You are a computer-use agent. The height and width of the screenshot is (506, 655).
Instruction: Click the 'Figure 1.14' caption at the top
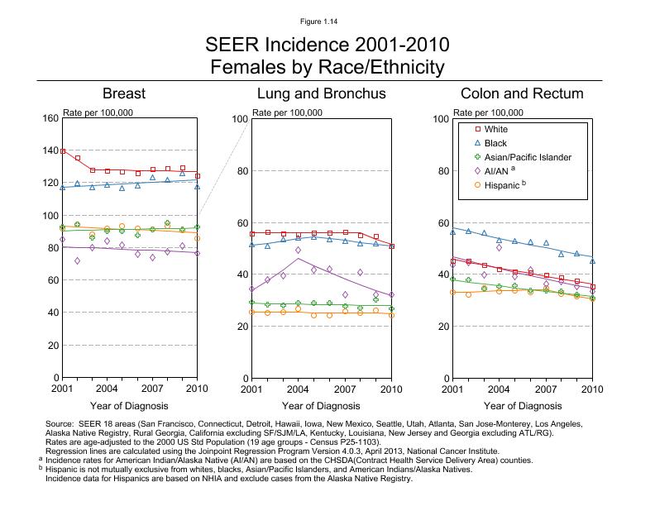coord(327,20)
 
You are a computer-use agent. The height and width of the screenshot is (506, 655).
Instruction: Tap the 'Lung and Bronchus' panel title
coord(322,93)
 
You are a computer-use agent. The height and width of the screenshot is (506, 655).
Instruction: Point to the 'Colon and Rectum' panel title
coord(523,93)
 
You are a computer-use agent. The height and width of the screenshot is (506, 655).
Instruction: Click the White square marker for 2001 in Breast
coord(63,150)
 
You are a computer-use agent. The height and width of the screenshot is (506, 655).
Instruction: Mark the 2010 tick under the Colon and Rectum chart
coord(592,388)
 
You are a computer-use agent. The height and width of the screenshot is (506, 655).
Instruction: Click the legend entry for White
coord(496,130)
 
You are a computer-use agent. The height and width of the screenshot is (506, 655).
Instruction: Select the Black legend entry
coord(496,144)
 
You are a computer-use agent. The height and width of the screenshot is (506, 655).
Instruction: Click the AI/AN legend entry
coord(499,171)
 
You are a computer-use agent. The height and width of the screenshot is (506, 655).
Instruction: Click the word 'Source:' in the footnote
coord(61,423)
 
